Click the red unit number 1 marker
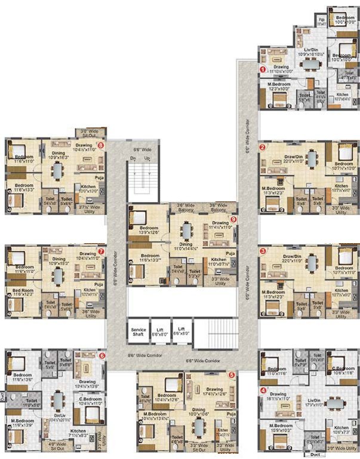click(261, 69)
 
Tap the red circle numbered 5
click(232, 375)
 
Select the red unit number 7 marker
click(101, 252)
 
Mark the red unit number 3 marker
click(262, 251)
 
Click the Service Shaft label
click(139, 332)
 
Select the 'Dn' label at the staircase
click(134, 158)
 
